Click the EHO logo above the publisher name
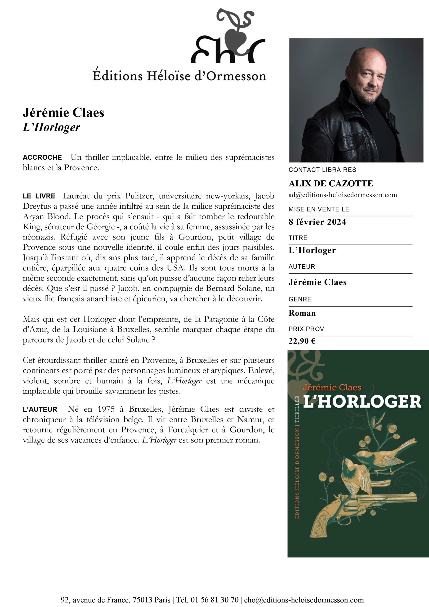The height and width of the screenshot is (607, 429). [x=228, y=37]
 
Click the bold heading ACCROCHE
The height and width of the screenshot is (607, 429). [x=42, y=157]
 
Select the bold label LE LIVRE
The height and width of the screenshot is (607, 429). [x=39, y=196]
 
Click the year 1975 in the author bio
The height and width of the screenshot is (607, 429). [x=106, y=409]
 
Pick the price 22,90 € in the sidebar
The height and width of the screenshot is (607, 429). [x=302, y=341]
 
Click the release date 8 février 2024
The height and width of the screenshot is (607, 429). [x=317, y=222]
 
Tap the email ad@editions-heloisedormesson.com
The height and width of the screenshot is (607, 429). [x=343, y=195]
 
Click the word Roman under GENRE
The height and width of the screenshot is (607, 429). [x=302, y=313]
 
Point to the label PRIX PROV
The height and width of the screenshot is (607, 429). [x=306, y=329]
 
